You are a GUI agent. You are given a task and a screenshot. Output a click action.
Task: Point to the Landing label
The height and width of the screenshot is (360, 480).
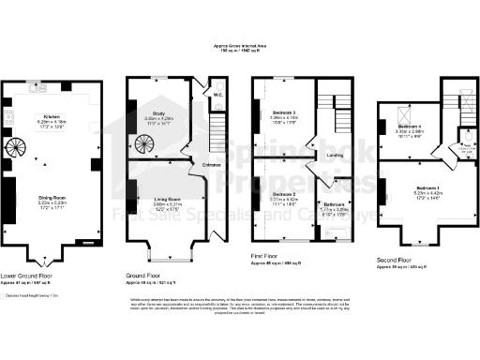[x=332, y=155]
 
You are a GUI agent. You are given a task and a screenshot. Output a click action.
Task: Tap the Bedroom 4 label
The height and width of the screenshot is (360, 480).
[x=410, y=127]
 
